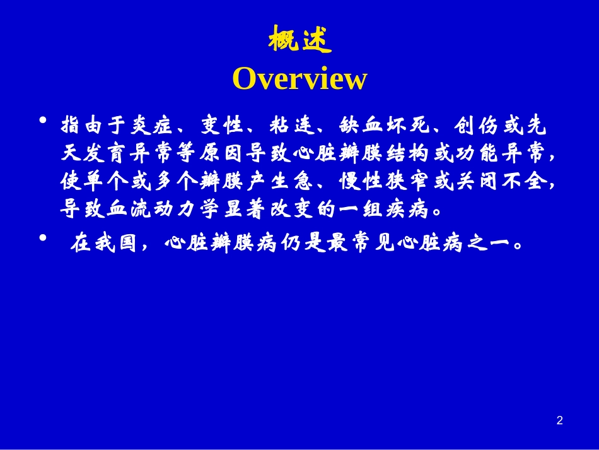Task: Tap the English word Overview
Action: pyautogui.click(x=299, y=79)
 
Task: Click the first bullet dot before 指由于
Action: pyautogui.click(x=43, y=121)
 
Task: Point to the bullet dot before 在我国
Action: pyautogui.click(x=43, y=238)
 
